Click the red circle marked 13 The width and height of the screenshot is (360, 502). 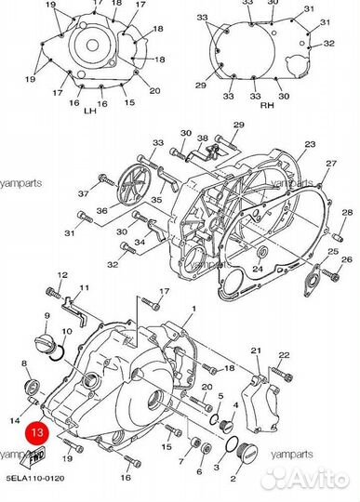[37, 433]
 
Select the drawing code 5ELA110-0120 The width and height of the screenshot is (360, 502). [35, 479]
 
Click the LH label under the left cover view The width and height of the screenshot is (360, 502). [90, 112]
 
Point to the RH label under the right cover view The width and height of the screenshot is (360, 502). [267, 105]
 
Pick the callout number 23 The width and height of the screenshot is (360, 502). [310, 144]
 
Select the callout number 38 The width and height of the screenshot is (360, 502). [203, 139]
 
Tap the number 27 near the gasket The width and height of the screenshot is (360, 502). [331, 164]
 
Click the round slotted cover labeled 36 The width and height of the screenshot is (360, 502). [131, 185]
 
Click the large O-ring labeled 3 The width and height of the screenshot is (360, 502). [233, 444]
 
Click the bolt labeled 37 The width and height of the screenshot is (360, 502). [107, 180]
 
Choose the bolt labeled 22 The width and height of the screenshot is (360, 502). [282, 374]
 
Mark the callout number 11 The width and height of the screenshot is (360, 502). [84, 288]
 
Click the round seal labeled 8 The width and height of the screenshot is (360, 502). [32, 387]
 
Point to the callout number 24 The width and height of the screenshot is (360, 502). [258, 269]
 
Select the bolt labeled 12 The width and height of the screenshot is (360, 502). [53, 293]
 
